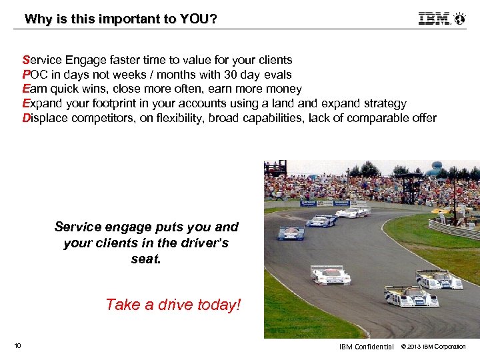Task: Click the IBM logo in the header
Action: click(435, 19)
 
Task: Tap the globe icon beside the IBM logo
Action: click(460, 19)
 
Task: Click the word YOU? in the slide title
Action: click(198, 19)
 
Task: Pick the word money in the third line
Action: click(285, 89)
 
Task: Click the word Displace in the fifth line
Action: click(45, 118)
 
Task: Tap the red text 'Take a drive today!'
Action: click(173, 305)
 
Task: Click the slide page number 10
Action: click(17, 345)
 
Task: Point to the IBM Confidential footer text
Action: click(366, 346)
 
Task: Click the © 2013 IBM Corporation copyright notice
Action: click(433, 346)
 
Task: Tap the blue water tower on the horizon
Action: click(436, 167)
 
